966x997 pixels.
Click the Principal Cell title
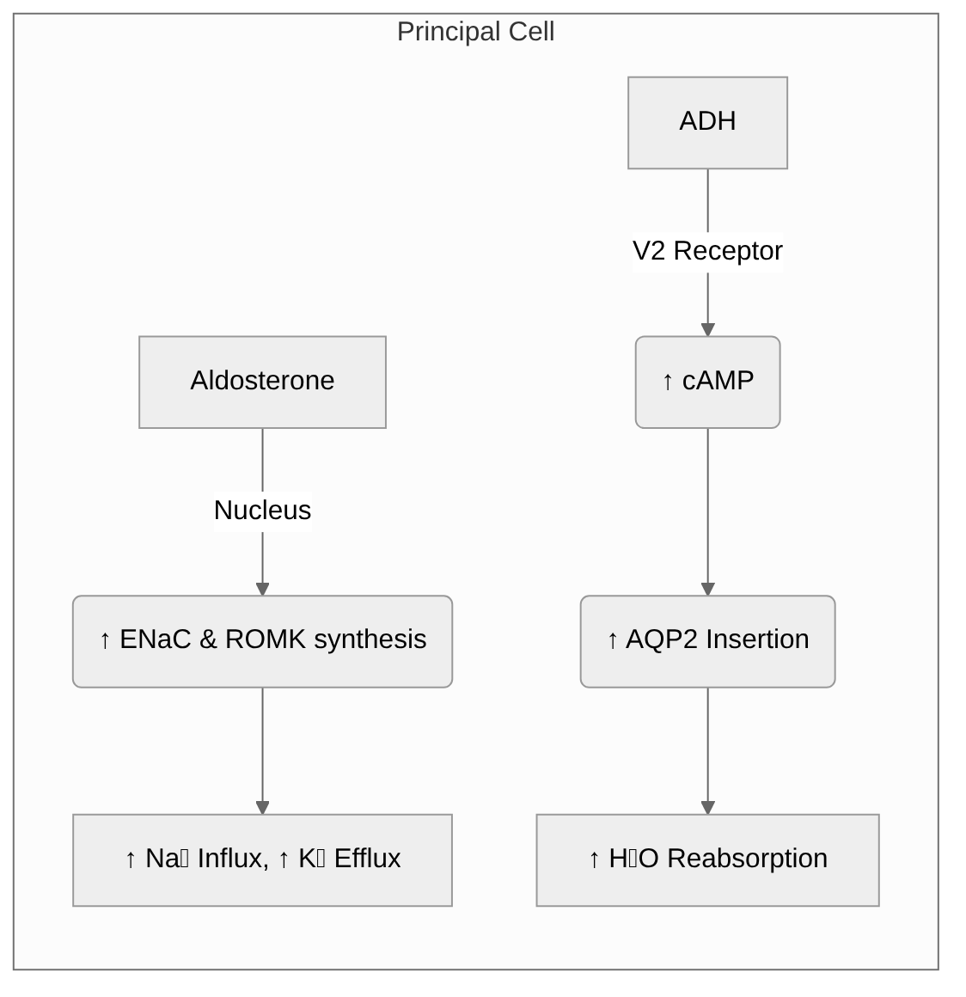click(x=475, y=32)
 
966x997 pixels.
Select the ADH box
click(x=707, y=122)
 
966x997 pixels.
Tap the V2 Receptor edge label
click(x=707, y=251)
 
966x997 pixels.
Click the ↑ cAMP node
click(x=707, y=382)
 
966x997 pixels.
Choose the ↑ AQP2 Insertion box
click(x=707, y=640)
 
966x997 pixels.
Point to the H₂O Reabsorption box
click(x=707, y=859)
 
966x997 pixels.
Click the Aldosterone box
click(x=262, y=382)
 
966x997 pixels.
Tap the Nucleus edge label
click(x=262, y=510)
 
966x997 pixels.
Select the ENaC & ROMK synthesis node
click(x=262, y=640)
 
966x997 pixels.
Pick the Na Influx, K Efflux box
click(x=262, y=859)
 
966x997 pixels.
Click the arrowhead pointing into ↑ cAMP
click(x=707, y=330)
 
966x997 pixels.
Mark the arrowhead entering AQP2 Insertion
click(x=707, y=589)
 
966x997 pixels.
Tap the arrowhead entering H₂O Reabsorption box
click(x=707, y=808)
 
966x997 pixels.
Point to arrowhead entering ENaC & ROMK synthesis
click(x=262, y=589)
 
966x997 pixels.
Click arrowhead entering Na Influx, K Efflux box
click(x=262, y=808)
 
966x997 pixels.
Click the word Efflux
click(x=367, y=859)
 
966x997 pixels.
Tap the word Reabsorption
click(x=747, y=859)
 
